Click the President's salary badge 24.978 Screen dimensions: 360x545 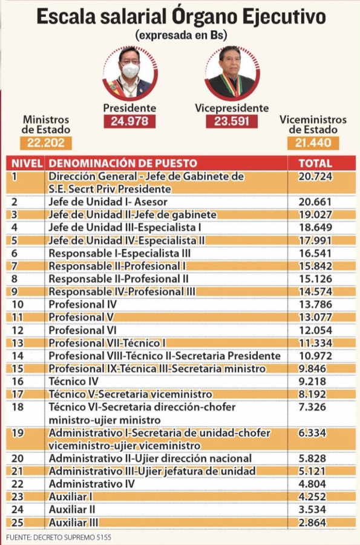(129, 121)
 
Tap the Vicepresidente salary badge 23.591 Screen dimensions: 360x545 (232, 121)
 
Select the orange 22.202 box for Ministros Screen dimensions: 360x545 (46, 143)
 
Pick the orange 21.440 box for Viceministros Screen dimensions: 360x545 (313, 143)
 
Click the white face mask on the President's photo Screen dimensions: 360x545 (131, 70)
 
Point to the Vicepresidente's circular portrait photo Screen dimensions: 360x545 (232, 73)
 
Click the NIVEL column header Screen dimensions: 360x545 (27, 163)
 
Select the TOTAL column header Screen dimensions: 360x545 (315, 163)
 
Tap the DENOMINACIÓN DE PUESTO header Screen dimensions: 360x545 (123, 163)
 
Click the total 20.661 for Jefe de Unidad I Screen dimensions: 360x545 (315, 202)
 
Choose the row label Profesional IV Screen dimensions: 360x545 (83, 305)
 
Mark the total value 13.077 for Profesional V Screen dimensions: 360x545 (315, 317)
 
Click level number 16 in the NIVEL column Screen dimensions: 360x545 (18, 381)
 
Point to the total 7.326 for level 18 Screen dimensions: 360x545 (312, 407)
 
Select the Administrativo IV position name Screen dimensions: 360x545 (91, 484)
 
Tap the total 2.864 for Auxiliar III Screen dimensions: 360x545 (312, 523)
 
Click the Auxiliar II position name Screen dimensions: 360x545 (72, 509)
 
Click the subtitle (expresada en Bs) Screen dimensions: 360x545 (182, 36)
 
